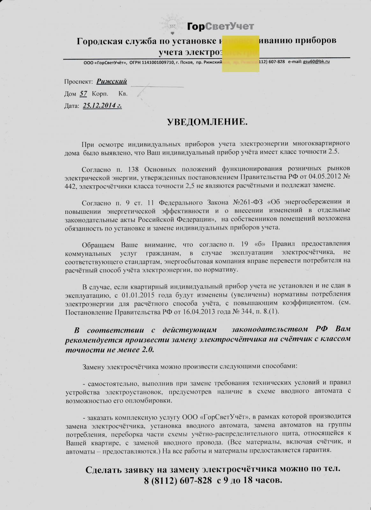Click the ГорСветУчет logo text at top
pyautogui.click(x=220, y=26)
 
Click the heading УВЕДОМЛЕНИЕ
pyautogui.click(x=207, y=122)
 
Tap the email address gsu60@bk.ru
pyautogui.click(x=316, y=62)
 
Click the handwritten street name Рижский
pyautogui.click(x=112, y=82)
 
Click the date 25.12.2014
pyautogui.click(x=102, y=106)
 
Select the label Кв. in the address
pyautogui.click(x=123, y=94)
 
